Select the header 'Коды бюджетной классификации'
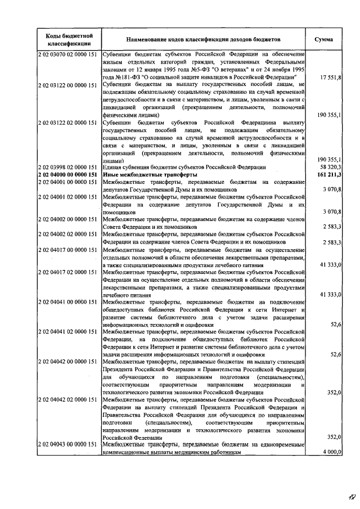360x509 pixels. click(x=66, y=40)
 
